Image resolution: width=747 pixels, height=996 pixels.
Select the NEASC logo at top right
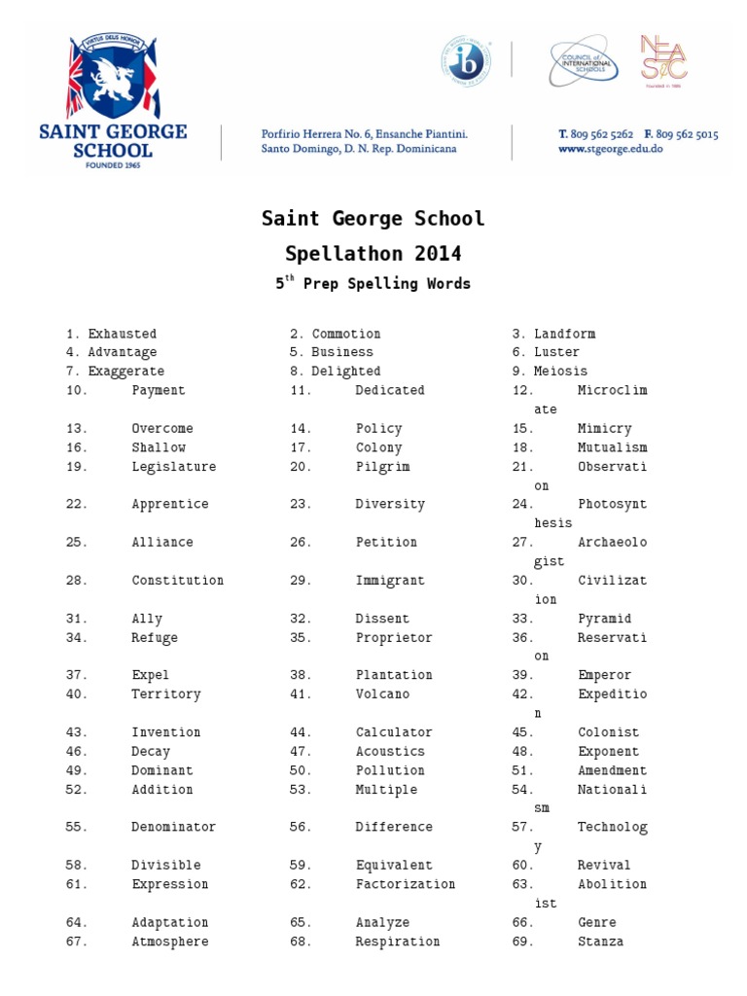[x=663, y=60]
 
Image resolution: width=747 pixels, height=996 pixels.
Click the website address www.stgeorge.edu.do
[x=610, y=150]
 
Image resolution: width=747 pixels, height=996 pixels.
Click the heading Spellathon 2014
[x=373, y=254]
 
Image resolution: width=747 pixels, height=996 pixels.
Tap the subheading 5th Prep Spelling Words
[x=373, y=284]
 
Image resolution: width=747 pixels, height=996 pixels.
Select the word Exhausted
[x=122, y=334]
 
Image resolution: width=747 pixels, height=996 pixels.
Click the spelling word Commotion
[x=346, y=334]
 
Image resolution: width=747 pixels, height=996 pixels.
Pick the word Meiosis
[x=560, y=372]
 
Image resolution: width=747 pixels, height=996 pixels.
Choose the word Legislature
[x=174, y=467]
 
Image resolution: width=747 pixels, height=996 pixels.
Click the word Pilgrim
[x=382, y=467]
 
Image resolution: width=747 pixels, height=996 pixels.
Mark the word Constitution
[x=178, y=581]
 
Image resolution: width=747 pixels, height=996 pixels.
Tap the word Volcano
[x=382, y=694]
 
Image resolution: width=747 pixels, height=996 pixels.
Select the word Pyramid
[x=604, y=619]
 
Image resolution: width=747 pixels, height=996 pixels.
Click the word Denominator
[x=174, y=827]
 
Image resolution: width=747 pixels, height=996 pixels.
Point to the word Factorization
[x=406, y=884]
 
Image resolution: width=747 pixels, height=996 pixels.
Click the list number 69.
[x=523, y=942]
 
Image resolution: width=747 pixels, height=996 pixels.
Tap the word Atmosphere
[x=170, y=942]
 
